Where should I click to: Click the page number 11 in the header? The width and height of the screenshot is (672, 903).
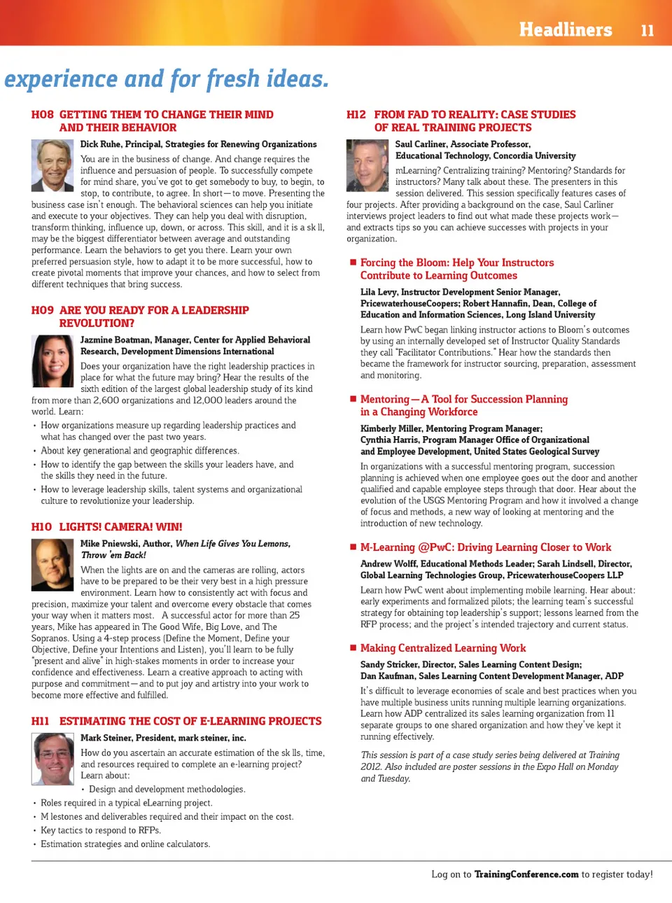pos(647,30)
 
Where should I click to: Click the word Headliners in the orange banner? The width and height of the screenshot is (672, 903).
pos(565,29)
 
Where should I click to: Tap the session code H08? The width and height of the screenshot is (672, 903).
pos(42,115)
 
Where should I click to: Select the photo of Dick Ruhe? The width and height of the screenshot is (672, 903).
pos(52,165)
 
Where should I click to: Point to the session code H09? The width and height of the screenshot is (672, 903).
pos(42,310)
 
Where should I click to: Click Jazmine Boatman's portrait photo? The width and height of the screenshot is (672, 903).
pos(52,361)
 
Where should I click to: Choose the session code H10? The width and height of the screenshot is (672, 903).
pos(41,527)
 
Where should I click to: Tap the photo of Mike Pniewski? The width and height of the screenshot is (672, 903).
pos(52,564)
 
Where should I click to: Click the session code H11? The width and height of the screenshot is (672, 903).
pos(41,721)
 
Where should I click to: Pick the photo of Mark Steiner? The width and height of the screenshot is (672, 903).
pos(52,759)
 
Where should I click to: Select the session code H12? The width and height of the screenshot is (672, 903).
pos(356,115)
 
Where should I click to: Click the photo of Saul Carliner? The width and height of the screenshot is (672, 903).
pos(367,165)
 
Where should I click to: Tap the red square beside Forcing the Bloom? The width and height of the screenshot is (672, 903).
pos(353,262)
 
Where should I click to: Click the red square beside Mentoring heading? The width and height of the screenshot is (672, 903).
pos(353,399)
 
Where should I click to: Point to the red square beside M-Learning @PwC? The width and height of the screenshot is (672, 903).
pos(353,547)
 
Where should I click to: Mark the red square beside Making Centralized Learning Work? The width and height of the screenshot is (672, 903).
pos(353,648)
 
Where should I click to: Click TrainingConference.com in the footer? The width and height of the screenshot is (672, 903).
pos(526,874)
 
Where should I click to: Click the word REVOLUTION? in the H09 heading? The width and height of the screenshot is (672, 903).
pos(97,323)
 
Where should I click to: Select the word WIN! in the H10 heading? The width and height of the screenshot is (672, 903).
pos(169,527)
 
